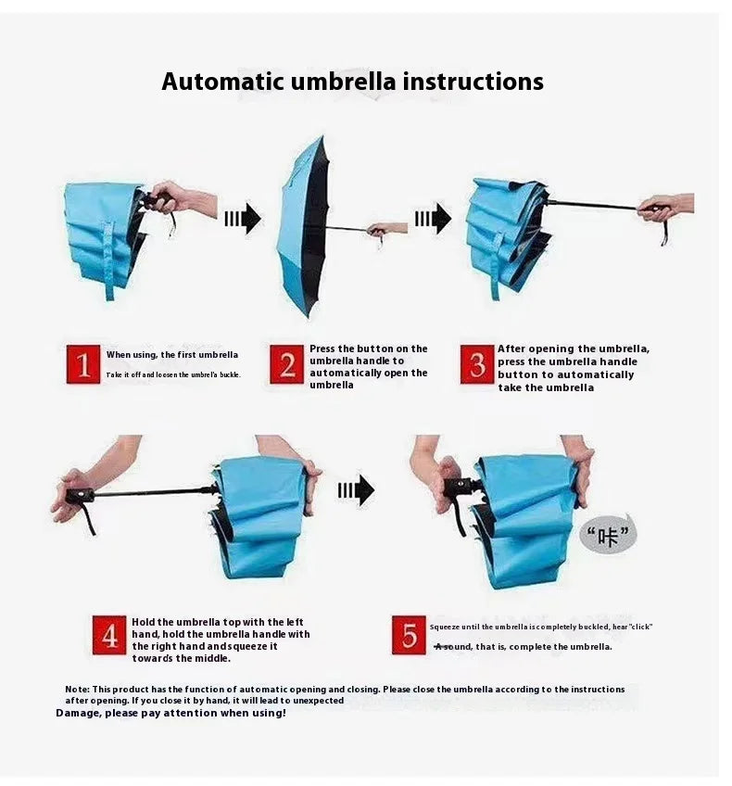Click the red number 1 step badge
(x=83, y=364)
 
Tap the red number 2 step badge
(x=286, y=364)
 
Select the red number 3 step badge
(x=477, y=364)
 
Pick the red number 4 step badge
(x=108, y=635)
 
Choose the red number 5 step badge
(x=409, y=635)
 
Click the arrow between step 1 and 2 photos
(x=242, y=220)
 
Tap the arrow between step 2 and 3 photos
(x=432, y=219)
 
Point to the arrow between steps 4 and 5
(x=356, y=490)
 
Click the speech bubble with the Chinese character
(x=608, y=536)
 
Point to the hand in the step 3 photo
(x=663, y=206)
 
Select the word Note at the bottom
(x=77, y=690)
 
